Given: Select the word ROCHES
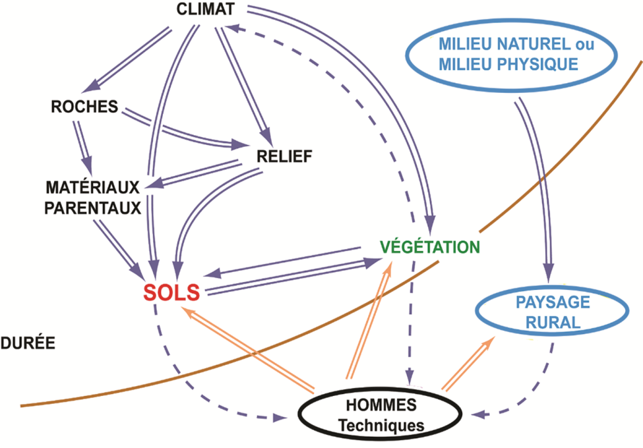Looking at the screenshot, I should [84, 107].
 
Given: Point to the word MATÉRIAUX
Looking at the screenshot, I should [92, 187].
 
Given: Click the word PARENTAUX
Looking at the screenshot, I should [92, 208].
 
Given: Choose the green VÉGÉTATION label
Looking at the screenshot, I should [429, 247].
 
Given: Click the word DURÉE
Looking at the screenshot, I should [27, 343].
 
